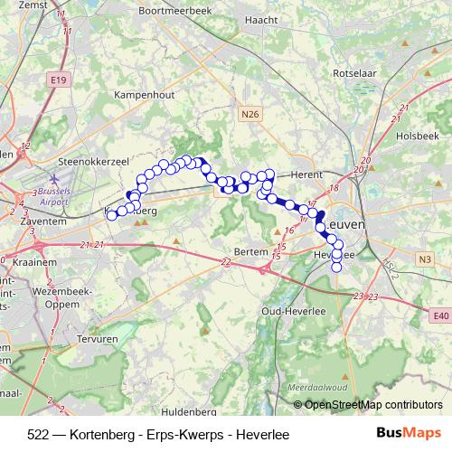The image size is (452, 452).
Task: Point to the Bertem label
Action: [250, 251]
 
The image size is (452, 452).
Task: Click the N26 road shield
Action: [250, 114]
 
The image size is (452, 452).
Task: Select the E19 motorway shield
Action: [58, 80]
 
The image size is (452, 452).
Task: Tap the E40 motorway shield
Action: [440, 315]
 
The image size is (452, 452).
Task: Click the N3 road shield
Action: [425, 259]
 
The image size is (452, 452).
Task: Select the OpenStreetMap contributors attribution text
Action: [372, 405]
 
